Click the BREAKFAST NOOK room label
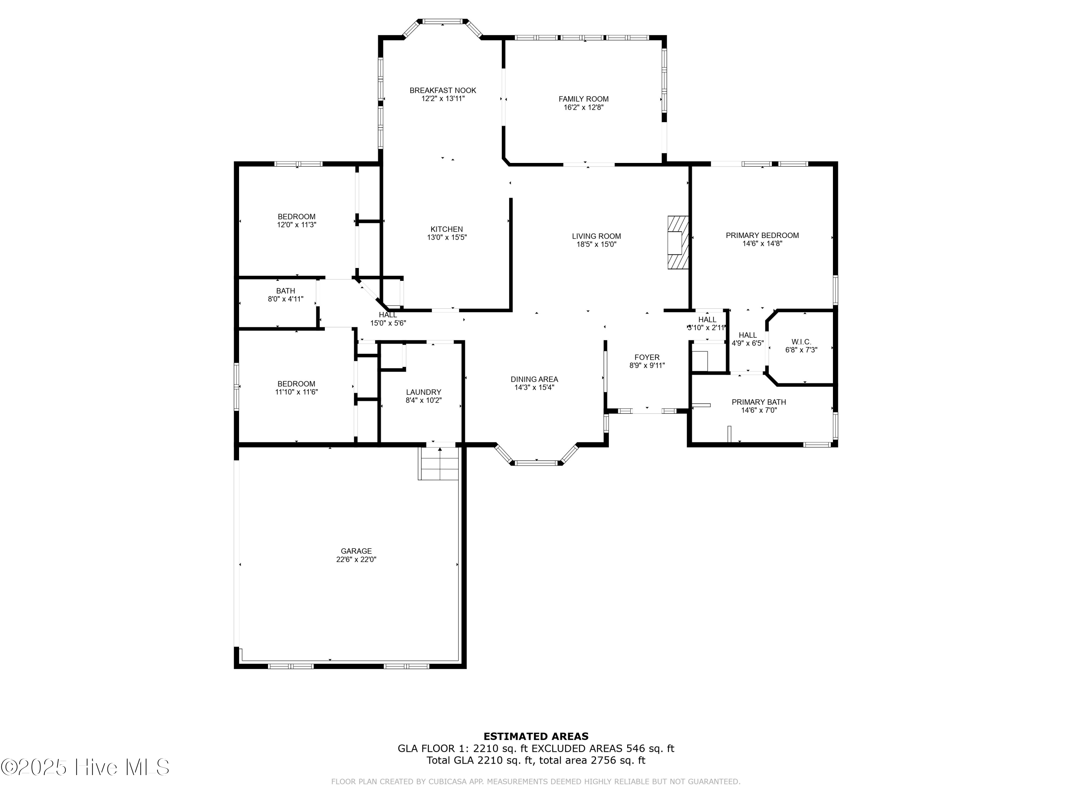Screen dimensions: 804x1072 pos(442,90)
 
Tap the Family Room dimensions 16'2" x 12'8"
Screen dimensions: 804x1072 pos(584,108)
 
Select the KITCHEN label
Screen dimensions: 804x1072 pos(446,229)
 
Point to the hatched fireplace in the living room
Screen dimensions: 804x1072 pos(678,242)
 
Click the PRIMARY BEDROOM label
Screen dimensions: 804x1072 pos(762,235)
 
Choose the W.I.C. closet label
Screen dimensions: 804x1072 pos(801,342)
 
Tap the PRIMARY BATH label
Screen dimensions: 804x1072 pos(759,402)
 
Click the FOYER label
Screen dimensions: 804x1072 pos(646,357)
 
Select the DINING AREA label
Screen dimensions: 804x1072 pos(534,379)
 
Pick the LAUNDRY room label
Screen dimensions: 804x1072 pos(423,392)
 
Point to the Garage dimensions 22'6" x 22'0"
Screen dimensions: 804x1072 pos(356,559)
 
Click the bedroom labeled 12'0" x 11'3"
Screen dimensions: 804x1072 pos(296,220)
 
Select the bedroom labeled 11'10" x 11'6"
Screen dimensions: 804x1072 pos(296,388)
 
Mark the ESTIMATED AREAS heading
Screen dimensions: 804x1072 pos(536,736)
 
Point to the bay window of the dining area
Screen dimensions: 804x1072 pos(536,462)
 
